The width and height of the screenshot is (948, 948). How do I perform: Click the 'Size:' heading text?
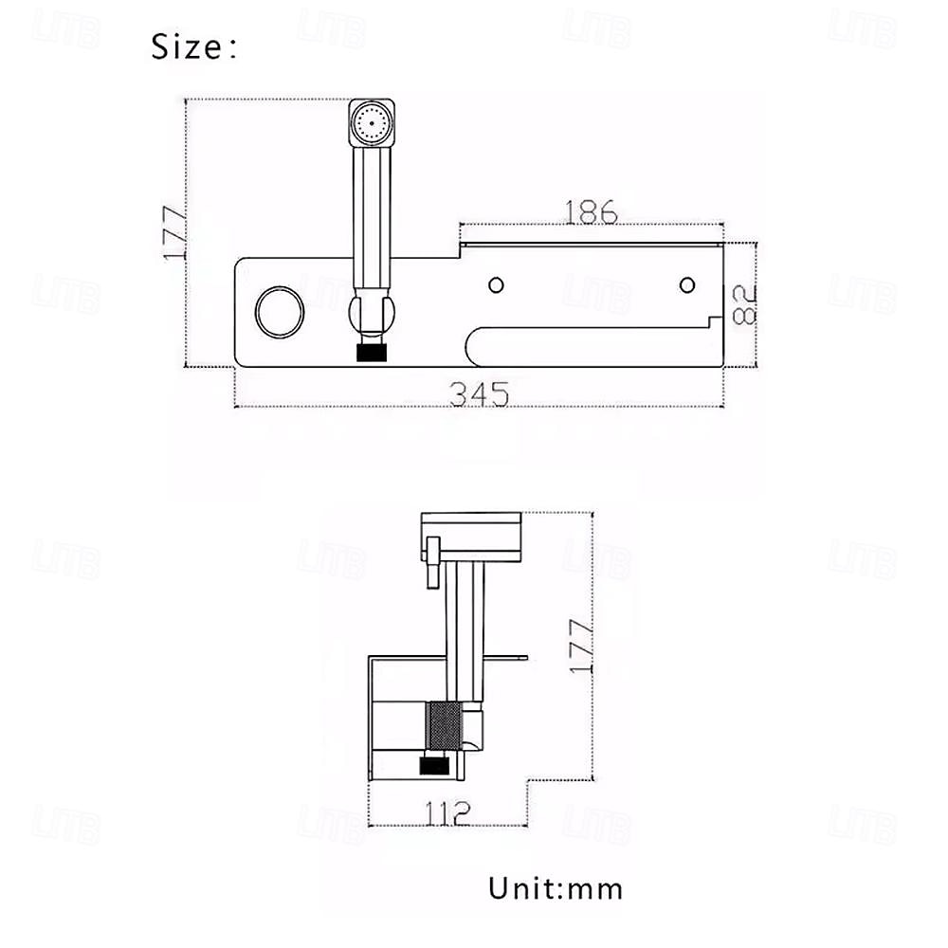tap(193, 46)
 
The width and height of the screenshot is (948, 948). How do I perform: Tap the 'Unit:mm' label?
tap(555, 889)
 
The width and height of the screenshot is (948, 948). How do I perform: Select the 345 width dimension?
tap(479, 393)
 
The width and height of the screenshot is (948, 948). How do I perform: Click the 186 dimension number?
tap(591, 212)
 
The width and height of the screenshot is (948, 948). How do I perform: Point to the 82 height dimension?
tap(744, 305)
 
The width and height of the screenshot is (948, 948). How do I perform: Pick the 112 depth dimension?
tap(447, 813)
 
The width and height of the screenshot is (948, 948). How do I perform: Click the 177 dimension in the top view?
tap(175, 233)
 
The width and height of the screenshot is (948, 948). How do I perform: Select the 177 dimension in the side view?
tap(582, 647)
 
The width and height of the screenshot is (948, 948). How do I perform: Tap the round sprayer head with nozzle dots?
tap(372, 122)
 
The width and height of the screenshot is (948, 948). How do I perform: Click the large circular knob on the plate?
tap(280, 311)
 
